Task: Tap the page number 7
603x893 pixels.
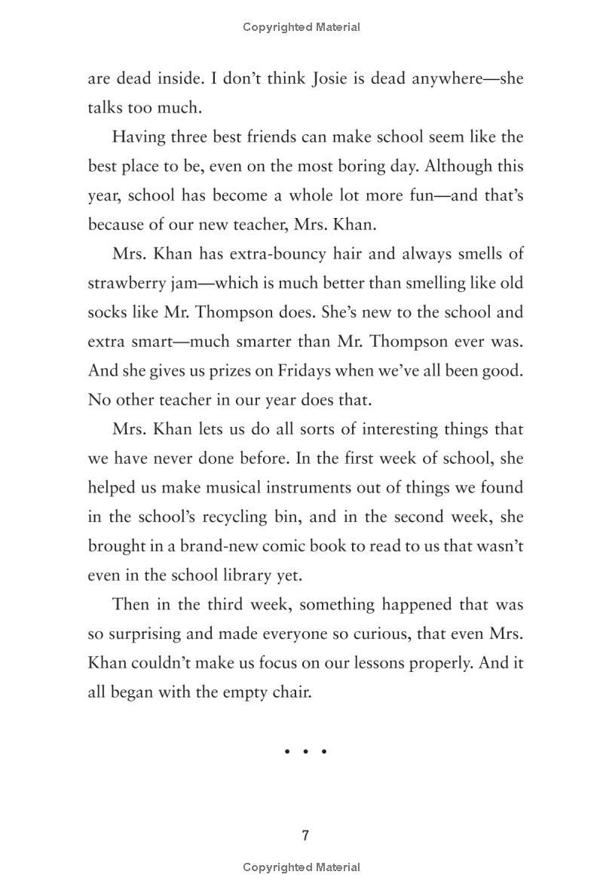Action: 305,836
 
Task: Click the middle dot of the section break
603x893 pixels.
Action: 305,751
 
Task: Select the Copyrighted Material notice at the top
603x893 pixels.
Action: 301,27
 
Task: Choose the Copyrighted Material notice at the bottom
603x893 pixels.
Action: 301,868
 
